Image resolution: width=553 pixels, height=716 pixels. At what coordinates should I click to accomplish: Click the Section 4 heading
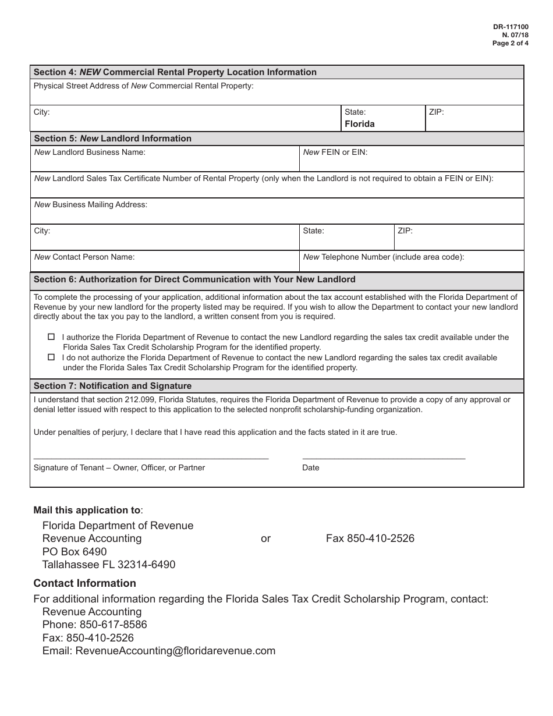tap(175, 72)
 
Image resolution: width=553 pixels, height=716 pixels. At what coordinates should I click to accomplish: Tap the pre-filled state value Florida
tap(360, 124)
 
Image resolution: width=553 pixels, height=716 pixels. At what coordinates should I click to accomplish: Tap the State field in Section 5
tap(346, 238)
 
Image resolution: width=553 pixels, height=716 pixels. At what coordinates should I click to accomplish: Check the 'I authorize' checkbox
tap(51, 337)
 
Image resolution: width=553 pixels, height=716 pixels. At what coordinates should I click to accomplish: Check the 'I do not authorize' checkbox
tap(51, 357)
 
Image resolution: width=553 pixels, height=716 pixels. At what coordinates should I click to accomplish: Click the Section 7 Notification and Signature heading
tap(113, 386)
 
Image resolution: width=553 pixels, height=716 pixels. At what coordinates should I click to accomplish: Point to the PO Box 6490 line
tap(75, 551)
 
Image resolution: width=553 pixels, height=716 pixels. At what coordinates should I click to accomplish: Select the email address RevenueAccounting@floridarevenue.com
tap(175, 651)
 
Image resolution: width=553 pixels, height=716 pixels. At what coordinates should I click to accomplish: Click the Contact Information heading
tap(85, 583)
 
